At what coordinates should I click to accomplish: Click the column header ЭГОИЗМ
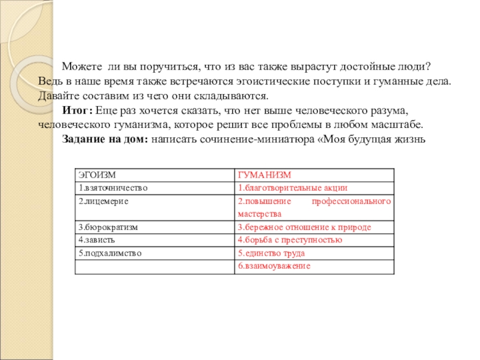tap(94, 175)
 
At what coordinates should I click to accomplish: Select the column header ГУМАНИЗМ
tap(264, 175)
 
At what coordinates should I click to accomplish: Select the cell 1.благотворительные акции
tap(292, 188)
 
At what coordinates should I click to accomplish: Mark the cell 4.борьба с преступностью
tap(290, 240)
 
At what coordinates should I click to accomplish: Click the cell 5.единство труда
tap(271, 253)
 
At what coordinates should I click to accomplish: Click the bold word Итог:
tap(78, 111)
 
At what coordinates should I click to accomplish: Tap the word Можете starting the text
tap(81, 67)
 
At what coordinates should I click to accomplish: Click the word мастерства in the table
tap(260, 214)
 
